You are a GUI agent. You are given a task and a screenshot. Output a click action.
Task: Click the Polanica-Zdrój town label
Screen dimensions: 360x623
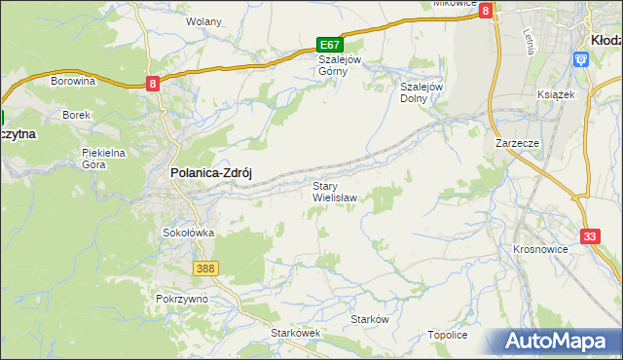click(x=211, y=171)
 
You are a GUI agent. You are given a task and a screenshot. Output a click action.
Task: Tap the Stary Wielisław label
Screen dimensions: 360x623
click(x=334, y=191)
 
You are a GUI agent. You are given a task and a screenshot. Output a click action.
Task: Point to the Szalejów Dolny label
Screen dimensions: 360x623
click(x=422, y=91)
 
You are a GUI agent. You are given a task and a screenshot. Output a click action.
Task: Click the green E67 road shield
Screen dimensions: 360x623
click(x=330, y=45)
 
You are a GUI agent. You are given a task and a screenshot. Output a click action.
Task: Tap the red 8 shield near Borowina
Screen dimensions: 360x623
click(x=153, y=85)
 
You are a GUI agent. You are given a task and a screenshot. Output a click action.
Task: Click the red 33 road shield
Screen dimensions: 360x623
click(x=590, y=236)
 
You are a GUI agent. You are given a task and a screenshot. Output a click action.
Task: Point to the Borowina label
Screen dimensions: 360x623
click(x=73, y=81)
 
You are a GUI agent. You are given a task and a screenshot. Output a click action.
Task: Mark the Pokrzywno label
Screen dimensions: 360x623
click(x=182, y=298)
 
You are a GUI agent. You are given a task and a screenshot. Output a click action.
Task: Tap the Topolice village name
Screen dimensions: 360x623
click(x=448, y=335)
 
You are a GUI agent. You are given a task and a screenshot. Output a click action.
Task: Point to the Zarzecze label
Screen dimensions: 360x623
click(x=517, y=142)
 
